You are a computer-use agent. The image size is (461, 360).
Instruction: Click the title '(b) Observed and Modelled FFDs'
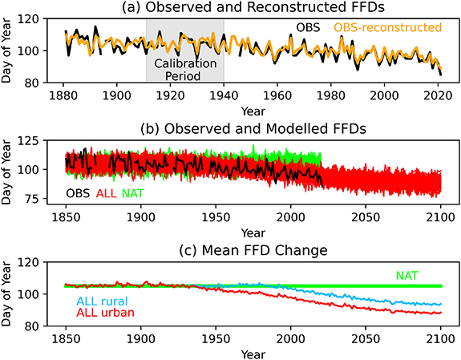click(253, 127)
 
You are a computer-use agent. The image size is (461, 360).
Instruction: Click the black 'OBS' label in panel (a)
click(307, 27)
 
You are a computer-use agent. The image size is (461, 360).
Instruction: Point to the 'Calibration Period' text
click(185, 68)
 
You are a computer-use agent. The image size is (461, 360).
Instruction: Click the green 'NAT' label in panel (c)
click(409, 275)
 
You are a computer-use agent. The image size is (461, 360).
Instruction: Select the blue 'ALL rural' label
click(106, 301)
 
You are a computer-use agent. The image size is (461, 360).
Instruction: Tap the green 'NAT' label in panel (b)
click(135, 193)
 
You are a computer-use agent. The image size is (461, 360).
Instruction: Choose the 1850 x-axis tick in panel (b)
click(66, 214)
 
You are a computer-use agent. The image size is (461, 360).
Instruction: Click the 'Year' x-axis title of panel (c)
click(253, 352)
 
